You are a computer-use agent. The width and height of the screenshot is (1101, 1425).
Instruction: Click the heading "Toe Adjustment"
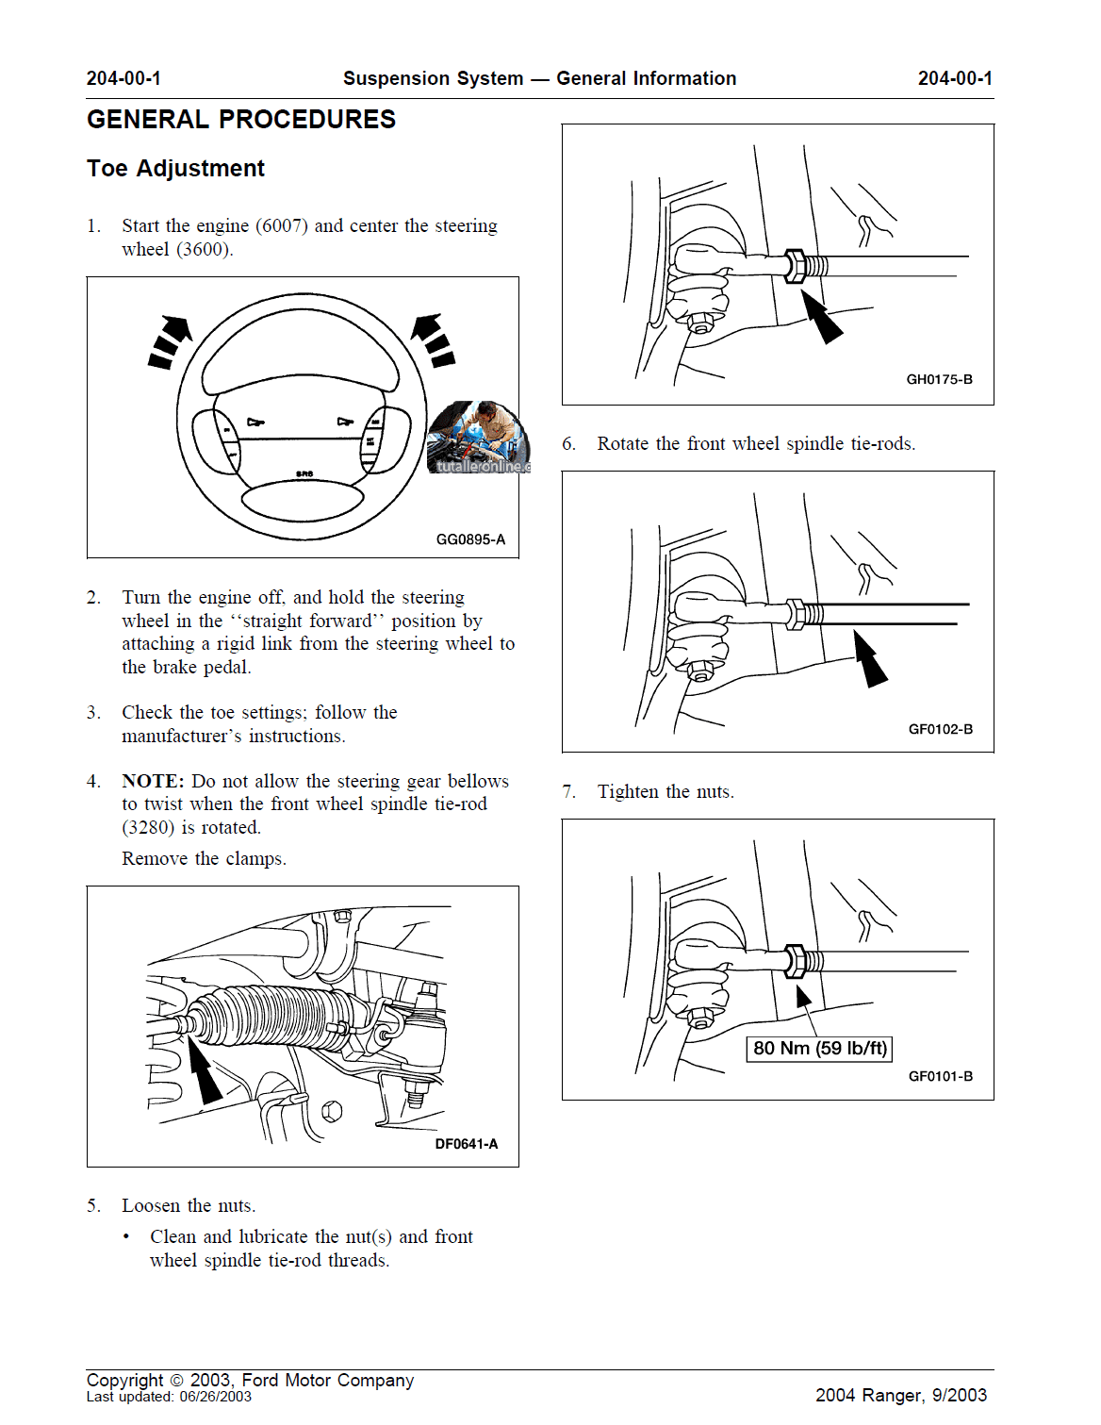point(175,169)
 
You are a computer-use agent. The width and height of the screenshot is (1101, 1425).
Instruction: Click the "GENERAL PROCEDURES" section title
point(241,120)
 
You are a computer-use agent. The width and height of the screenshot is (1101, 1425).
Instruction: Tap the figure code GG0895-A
point(470,539)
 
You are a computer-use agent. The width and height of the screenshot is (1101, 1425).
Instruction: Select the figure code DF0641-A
point(466,1144)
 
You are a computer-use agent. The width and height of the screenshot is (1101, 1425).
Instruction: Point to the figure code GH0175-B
point(939,379)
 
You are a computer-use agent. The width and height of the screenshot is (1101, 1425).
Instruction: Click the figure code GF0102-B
point(940,729)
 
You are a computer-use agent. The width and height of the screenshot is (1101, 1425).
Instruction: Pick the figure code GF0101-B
point(940,1076)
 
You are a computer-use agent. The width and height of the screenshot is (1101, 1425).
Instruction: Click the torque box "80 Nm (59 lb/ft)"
point(820,1049)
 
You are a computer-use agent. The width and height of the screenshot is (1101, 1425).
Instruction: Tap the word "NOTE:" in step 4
point(153,781)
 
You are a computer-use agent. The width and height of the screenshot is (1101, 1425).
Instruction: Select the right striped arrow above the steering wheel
point(435,340)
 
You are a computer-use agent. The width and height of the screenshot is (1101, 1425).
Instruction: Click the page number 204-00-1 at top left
point(123,78)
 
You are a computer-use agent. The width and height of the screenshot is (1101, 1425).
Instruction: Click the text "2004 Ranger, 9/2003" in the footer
point(900,1395)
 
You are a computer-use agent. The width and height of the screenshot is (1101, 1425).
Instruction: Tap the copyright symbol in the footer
point(176,1381)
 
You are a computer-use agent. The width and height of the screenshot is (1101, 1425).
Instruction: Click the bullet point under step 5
point(126,1236)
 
